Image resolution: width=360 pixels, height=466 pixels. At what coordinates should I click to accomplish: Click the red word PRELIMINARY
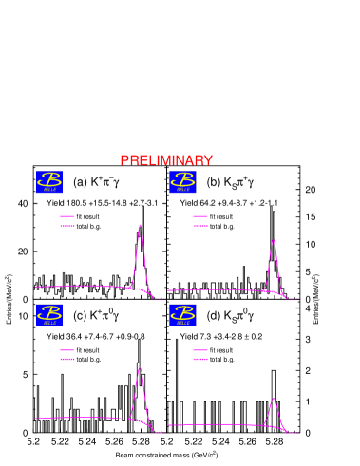pyautogui.click(x=166, y=160)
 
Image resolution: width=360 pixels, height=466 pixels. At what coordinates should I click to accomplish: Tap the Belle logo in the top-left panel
pyautogui.click(x=49, y=181)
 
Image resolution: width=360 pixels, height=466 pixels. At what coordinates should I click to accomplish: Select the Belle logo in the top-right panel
pyautogui.click(x=182, y=181)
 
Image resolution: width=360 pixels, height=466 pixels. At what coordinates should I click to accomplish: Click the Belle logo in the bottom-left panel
pyautogui.click(x=49, y=315)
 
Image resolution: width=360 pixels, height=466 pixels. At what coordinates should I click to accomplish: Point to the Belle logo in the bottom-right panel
pyautogui.click(x=182, y=315)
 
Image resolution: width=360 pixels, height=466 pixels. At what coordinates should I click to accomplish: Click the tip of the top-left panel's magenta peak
pyautogui.click(x=141, y=226)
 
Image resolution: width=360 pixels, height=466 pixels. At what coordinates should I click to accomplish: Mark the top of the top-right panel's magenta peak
pyautogui.click(x=274, y=240)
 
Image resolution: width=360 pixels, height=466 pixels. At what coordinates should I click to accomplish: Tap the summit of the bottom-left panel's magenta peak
pyautogui.click(x=141, y=368)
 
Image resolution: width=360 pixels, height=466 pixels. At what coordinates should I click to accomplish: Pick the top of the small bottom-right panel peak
pyautogui.click(x=274, y=398)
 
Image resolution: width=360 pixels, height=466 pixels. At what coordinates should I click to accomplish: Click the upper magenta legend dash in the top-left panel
pyautogui.click(x=67, y=216)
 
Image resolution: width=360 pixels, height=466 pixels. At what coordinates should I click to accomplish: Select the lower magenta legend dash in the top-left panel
pyautogui.click(x=67, y=226)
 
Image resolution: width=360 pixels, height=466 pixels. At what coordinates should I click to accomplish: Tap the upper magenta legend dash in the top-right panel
pyautogui.click(x=200, y=216)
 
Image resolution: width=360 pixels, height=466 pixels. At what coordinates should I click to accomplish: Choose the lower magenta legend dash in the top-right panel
pyautogui.click(x=200, y=226)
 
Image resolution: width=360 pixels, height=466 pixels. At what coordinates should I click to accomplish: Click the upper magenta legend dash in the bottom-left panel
pyautogui.click(x=67, y=350)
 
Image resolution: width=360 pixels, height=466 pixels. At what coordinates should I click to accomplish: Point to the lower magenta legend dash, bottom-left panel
pyautogui.click(x=67, y=359)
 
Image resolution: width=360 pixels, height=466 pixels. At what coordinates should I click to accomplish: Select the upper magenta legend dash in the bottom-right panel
pyautogui.click(x=200, y=350)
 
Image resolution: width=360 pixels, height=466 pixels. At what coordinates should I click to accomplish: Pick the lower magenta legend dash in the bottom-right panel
pyautogui.click(x=200, y=359)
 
